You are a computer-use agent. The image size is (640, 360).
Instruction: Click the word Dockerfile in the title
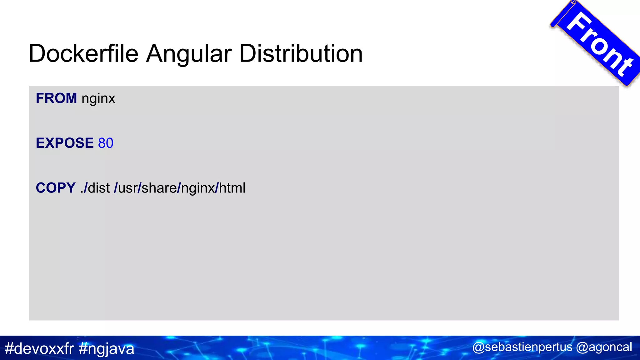tap(83, 54)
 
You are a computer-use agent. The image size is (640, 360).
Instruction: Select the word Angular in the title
tap(189, 54)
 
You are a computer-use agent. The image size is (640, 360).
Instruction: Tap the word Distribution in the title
tap(301, 54)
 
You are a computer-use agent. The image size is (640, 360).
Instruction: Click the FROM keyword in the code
tap(56, 98)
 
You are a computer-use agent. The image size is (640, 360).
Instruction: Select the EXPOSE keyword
tap(65, 143)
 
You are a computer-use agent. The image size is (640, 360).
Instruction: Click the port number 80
tap(106, 143)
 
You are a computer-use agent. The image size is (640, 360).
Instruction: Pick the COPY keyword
tap(56, 188)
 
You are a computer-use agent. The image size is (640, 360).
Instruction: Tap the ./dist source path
tap(95, 188)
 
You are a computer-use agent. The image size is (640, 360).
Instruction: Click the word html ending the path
tap(232, 188)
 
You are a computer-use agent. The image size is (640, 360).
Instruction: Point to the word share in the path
tap(159, 188)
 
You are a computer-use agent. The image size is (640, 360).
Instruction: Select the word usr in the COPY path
tap(127, 188)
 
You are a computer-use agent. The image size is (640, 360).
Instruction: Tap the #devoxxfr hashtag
tap(39, 348)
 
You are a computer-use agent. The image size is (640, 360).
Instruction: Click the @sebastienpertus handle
tap(522, 347)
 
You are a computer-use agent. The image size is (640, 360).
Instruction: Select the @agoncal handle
tap(604, 347)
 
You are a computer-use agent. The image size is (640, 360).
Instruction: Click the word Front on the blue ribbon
tap(600, 44)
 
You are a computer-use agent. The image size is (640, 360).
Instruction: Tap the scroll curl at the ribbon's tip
tap(573, 3)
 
